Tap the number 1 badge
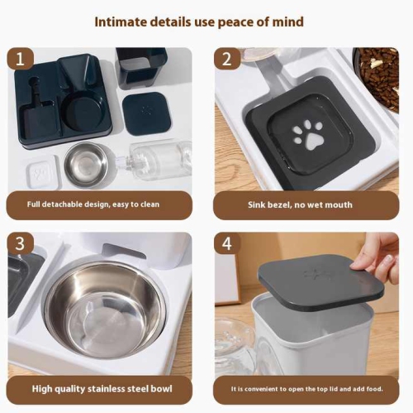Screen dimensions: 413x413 (21, 60)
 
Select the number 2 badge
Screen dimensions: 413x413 (227, 60)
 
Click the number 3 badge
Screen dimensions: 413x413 (21, 244)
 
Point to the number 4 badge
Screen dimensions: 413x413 (227, 244)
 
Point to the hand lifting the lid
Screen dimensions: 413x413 (379, 256)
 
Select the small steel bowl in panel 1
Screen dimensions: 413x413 (86, 163)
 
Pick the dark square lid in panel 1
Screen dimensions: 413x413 (146, 113)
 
